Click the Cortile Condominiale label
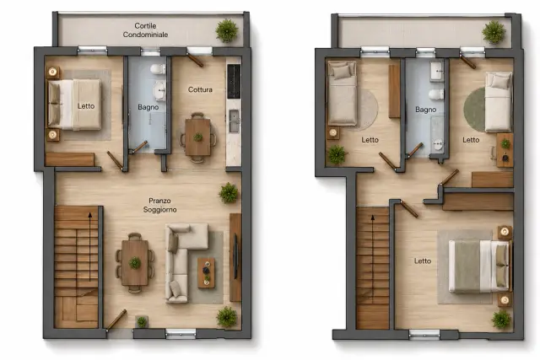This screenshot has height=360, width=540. click(x=145, y=30)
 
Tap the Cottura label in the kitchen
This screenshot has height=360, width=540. click(x=200, y=90)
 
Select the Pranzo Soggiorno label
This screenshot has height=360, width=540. click(x=159, y=205)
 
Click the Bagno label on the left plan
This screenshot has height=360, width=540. click(x=148, y=107)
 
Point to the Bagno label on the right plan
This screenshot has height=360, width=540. click(x=425, y=110)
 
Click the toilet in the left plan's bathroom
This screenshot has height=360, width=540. click(x=158, y=69)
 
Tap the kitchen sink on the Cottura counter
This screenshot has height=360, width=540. click(x=235, y=121)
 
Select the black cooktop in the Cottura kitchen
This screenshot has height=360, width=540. click(x=234, y=81)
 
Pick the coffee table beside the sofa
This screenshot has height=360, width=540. click(x=206, y=273)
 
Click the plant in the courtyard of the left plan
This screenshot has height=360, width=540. click(x=227, y=31)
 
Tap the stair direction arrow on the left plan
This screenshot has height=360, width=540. click(x=90, y=247)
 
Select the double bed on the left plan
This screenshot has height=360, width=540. click(x=74, y=105)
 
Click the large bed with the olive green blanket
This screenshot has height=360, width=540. click(x=479, y=266)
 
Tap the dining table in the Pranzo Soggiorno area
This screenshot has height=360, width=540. click(x=135, y=262)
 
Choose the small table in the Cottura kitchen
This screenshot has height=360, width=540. click(x=197, y=137)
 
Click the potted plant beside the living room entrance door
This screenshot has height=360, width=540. click(x=142, y=322)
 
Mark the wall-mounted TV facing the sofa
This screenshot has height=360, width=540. click(x=235, y=256)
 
